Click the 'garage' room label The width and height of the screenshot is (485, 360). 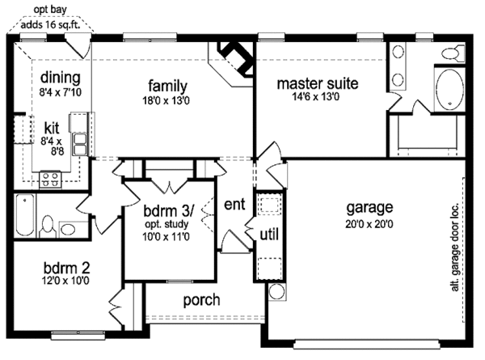[x=369, y=208]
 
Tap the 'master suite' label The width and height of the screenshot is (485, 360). [x=318, y=83]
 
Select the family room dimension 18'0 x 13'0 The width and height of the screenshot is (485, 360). [x=166, y=100]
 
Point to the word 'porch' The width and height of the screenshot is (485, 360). [x=201, y=300]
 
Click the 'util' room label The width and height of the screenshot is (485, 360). [x=269, y=235]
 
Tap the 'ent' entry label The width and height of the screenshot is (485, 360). [x=234, y=205]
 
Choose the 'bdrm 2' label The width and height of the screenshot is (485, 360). [x=67, y=267]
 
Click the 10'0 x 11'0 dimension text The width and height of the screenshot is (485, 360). [x=166, y=237]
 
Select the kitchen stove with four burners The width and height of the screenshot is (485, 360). [x=50, y=180]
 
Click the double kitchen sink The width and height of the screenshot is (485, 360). [x=80, y=144]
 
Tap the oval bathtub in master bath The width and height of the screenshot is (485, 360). [x=449, y=89]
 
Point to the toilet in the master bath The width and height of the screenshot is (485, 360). [x=453, y=53]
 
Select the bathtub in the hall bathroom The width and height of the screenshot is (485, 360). [x=25, y=215]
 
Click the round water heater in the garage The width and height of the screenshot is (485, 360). [x=276, y=291]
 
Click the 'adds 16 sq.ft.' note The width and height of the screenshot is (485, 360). [x=50, y=24]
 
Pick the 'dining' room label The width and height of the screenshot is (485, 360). [x=61, y=78]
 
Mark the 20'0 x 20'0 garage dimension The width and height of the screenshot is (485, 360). [x=369, y=224]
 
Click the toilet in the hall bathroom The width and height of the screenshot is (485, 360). [x=48, y=226]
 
